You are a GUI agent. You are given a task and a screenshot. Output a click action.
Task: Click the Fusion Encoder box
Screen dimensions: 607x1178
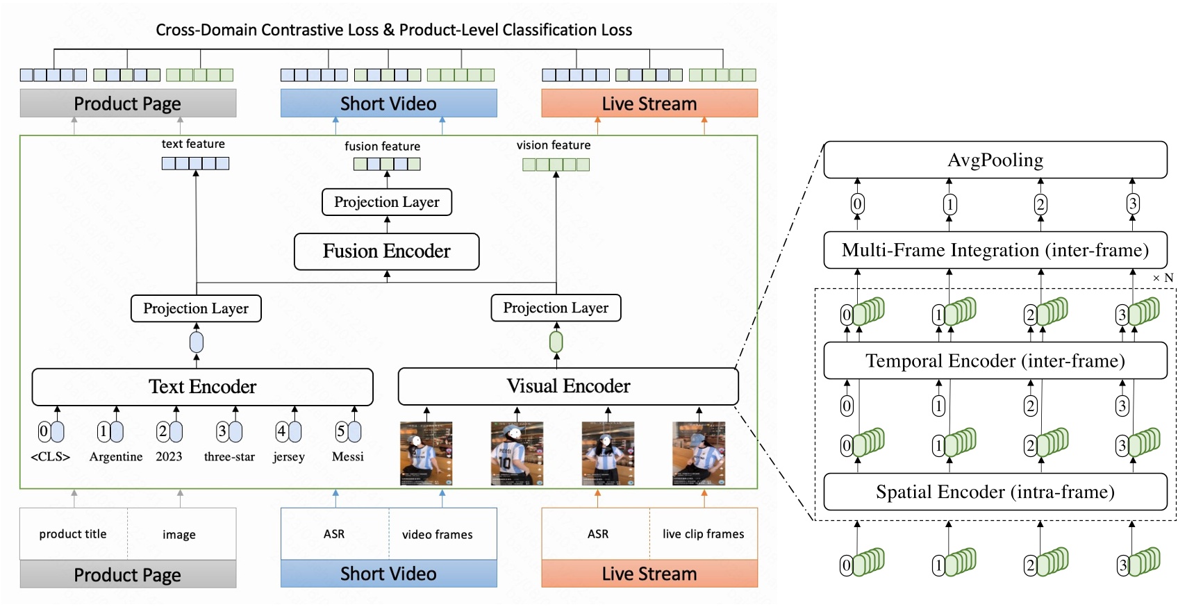(386, 251)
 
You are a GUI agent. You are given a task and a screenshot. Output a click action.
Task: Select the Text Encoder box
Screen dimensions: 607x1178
(202, 387)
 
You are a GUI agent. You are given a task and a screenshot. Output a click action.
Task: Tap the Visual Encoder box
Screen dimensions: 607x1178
(567, 386)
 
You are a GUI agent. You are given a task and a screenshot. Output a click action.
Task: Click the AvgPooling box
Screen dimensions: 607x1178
(995, 160)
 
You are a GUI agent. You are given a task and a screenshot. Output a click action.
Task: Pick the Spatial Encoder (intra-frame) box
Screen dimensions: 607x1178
(995, 492)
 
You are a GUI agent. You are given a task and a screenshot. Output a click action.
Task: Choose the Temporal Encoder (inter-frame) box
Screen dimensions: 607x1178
(995, 360)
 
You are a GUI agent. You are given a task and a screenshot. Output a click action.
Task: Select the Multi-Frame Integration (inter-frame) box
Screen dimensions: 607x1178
(995, 250)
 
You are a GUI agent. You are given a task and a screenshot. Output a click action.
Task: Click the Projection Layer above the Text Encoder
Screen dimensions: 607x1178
(196, 308)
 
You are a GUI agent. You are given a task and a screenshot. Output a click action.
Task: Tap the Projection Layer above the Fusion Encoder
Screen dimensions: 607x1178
(386, 202)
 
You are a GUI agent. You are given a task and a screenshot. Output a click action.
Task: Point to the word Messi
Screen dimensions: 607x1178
(347, 457)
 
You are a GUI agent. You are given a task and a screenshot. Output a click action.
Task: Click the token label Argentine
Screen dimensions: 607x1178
(116, 457)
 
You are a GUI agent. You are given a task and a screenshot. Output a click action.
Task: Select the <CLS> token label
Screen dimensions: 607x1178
(50, 457)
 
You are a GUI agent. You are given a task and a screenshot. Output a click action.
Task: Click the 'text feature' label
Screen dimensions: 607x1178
(193, 144)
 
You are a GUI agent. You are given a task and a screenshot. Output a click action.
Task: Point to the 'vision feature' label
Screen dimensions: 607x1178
(554, 145)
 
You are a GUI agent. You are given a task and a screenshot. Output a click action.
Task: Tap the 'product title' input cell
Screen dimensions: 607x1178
(73, 534)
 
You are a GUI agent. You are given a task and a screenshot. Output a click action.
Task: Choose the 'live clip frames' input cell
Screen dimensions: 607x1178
(703, 534)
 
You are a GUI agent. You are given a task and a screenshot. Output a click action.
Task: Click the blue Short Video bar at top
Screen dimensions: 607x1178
(388, 103)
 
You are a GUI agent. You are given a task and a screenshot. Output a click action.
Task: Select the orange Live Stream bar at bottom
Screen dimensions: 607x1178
(649, 574)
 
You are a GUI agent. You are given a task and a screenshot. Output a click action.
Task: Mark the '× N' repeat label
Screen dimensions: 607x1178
(1163, 278)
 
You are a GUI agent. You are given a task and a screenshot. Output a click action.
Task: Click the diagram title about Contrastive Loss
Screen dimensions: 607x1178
(394, 30)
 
